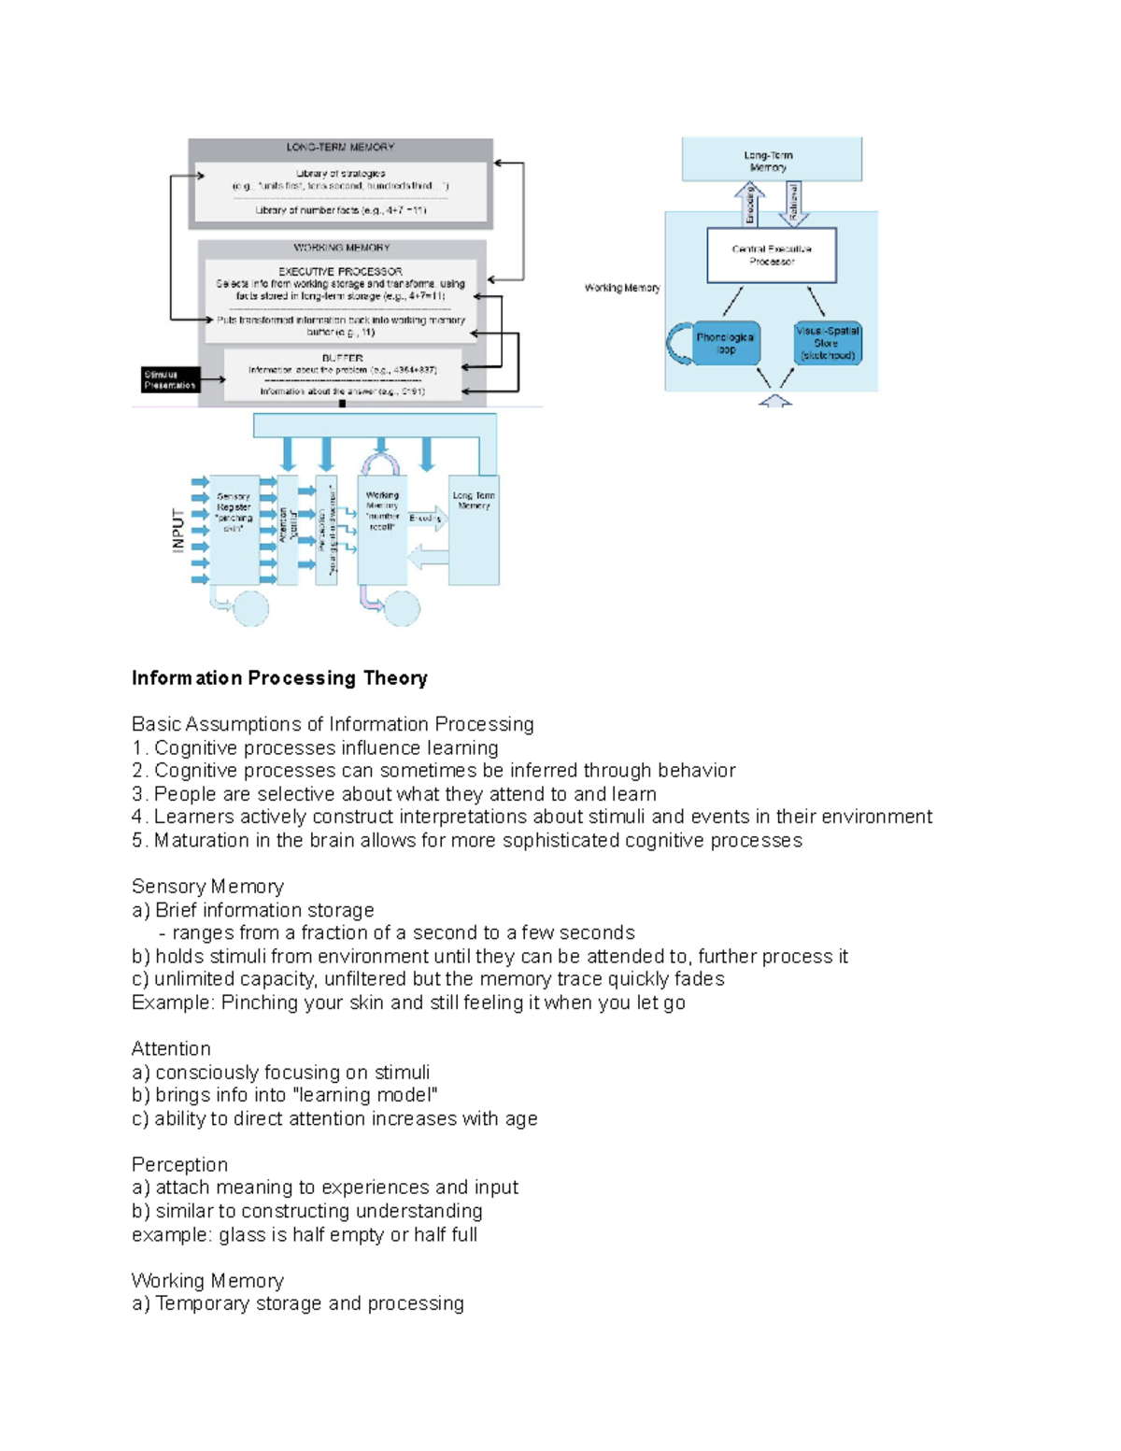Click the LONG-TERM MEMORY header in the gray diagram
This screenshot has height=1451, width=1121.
coord(340,148)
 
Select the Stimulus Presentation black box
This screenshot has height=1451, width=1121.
coord(170,379)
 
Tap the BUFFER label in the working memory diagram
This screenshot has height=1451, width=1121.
coord(342,358)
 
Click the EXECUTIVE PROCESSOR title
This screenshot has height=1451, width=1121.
coord(340,272)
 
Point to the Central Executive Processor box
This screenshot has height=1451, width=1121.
coord(772,255)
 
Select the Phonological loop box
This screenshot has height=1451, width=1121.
coord(725,343)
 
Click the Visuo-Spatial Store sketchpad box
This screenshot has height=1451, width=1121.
coord(827,343)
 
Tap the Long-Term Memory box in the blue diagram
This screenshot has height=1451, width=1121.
coord(771,160)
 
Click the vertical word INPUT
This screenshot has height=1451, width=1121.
coord(178,530)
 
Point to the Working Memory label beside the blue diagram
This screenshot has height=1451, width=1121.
coord(622,288)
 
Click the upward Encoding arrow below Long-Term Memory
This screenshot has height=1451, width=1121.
coord(749,205)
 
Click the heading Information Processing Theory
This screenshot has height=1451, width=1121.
coord(279,678)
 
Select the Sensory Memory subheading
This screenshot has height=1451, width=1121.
coord(207,887)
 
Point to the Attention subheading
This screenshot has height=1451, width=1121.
coord(171,1049)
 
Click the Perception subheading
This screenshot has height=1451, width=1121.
coord(179,1165)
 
